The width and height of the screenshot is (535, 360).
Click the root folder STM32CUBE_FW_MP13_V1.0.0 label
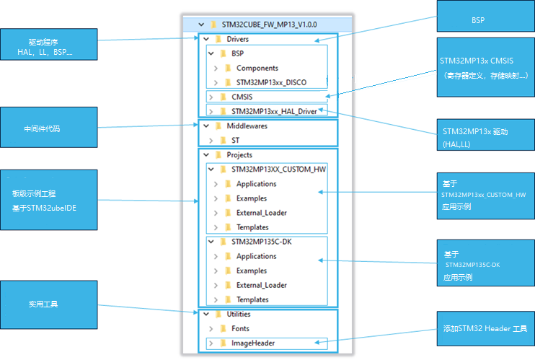click(x=269, y=25)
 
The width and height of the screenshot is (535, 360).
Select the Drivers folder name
click(x=237, y=39)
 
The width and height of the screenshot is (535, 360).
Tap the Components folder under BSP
click(x=257, y=69)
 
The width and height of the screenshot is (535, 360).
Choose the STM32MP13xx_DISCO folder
click(x=271, y=83)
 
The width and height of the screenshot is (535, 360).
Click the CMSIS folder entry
click(x=242, y=97)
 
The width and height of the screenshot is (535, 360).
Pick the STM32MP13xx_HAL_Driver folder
click(x=274, y=111)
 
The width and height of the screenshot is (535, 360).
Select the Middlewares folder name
click(x=247, y=126)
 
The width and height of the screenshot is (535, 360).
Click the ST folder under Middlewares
click(x=236, y=141)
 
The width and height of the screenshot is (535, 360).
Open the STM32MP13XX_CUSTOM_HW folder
click(x=278, y=170)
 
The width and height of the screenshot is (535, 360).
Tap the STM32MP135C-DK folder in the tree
click(x=261, y=242)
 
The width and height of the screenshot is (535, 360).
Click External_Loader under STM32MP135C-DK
click(x=261, y=285)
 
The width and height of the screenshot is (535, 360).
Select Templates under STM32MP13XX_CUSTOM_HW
click(x=252, y=227)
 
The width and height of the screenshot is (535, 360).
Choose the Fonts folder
click(x=240, y=328)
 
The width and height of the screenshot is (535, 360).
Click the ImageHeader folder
click(x=253, y=343)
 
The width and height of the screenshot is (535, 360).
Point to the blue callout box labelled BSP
click(x=486, y=16)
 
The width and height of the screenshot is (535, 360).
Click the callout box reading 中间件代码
click(x=49, y=128)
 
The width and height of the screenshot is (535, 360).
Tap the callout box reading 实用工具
click(x=49, y=304)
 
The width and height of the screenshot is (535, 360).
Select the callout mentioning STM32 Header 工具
click(x=486, y=328)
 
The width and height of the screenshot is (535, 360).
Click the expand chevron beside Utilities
click(x=206, y=315)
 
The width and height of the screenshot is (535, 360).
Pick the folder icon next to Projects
click(x=218, y=155)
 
